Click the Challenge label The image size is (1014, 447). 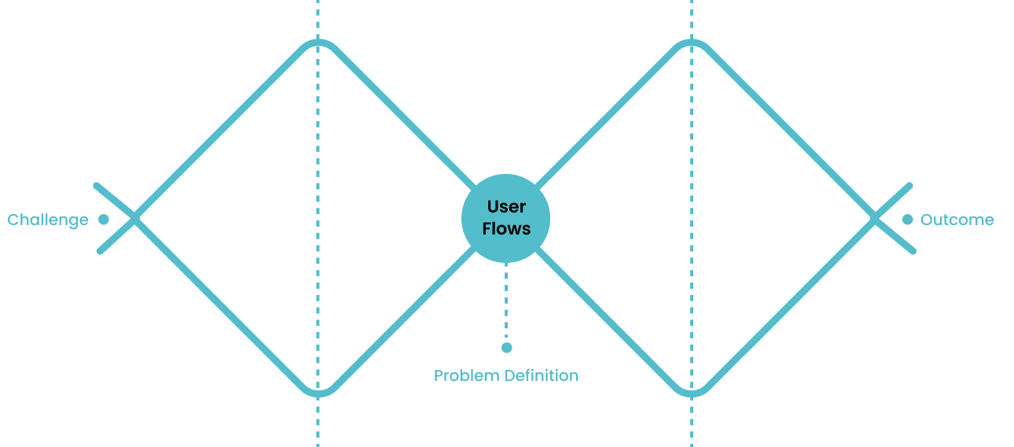[x=48, y=220]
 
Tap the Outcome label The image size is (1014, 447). [x=957, y=220]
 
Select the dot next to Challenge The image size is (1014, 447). [x=104, y=220]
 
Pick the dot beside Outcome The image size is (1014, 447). [x=907, y=220]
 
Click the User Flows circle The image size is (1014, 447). [x=506, y=217]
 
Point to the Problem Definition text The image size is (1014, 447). [x=506, y=376]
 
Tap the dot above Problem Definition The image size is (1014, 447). [x=506, y=347]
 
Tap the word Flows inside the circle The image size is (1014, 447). [x=506, y=229]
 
